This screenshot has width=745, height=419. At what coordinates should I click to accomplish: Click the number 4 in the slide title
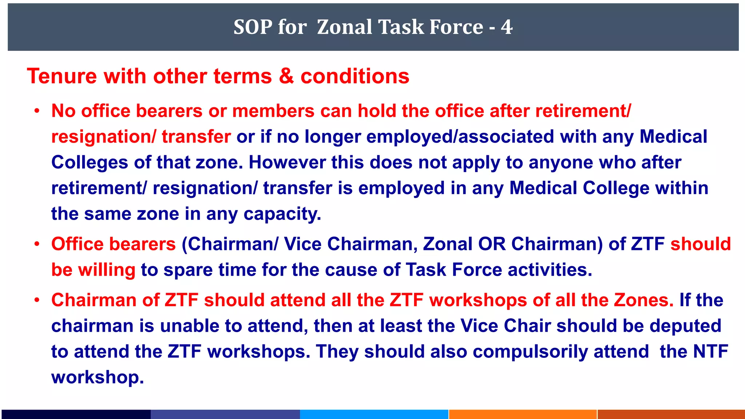point(506,27)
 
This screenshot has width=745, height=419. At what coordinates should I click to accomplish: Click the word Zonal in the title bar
point(344,27)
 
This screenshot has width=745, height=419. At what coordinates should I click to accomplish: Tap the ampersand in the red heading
point(286,76)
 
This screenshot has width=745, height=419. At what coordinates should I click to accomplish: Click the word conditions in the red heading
point(355,76)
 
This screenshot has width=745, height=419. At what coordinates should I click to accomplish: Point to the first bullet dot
point(37,111)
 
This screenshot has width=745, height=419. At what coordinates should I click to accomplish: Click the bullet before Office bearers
point(37,244)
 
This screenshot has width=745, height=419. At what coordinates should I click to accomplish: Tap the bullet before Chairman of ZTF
point(37,300)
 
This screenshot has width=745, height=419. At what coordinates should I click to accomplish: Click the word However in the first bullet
point(287,162)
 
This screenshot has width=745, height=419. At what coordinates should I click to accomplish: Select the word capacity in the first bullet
point(282,214)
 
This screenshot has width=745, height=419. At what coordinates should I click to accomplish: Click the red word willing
point(107,270)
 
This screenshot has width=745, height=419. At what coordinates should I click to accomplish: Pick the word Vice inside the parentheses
point(302,244)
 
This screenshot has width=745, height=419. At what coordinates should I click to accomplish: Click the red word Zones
point(644,300)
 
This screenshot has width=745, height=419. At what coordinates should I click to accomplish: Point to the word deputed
point(685,326)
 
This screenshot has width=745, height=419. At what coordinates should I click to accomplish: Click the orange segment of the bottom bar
point(523,414)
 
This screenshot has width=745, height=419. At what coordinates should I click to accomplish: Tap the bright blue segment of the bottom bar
point(374,414)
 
